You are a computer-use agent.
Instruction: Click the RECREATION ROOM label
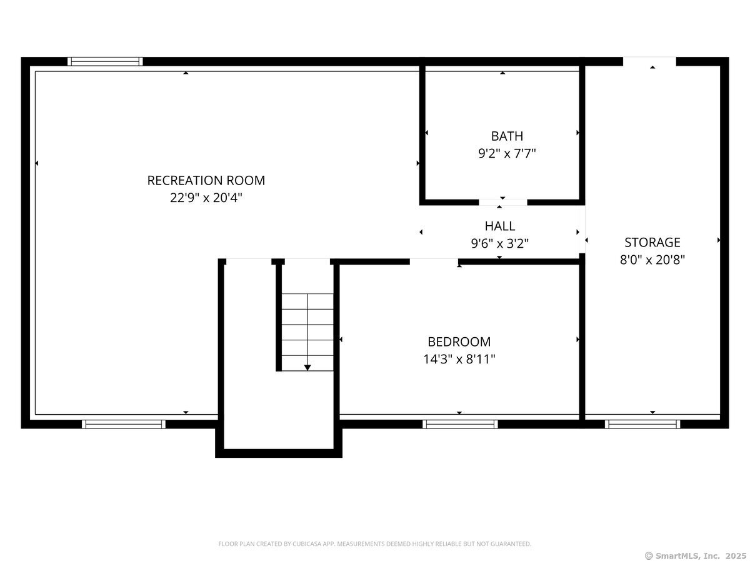[x=206, y=181]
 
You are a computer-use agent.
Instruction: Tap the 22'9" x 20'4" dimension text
[x=206, y=198]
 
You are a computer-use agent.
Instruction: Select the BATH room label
[x=507, y=136]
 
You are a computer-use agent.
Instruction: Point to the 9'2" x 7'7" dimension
[x=507, y=153]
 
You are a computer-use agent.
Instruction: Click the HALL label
[x=499, y=226]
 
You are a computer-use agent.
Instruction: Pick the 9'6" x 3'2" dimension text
[x=499, y=243]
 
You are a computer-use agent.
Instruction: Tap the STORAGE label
[x=652, y=242]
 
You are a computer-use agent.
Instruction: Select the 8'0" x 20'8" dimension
[x=652, y=260]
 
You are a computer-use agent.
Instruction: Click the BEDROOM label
[x=459, y=342]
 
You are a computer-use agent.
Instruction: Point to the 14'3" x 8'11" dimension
[x=459, y=359]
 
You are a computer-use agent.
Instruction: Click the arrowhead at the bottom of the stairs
[x=307, y=368]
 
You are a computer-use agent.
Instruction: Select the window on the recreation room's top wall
[x=105, y=61]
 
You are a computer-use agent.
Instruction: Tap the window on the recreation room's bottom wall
[x=124, y=424]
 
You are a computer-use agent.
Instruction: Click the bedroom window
[x=460, y=424]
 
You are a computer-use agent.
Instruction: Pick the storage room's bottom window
[x=642, y=424]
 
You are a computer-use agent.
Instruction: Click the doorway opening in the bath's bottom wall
[x=502, y=202]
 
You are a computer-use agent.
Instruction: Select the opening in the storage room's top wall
[x=649, y=61]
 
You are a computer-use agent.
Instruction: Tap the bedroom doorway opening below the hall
[x=434, y=262]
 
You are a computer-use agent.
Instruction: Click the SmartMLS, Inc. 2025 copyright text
[x=696, y=555]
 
